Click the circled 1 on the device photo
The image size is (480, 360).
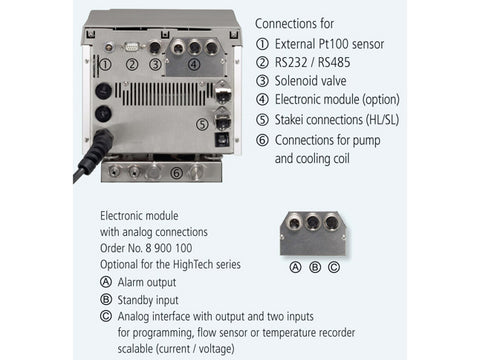point(105,64)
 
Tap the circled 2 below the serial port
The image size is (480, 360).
point(132,64)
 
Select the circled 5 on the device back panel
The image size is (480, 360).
point(202,124)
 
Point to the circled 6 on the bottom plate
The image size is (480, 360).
point(176,173)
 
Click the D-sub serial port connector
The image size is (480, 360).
point(132,46)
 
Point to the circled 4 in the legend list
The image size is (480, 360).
point(262,99)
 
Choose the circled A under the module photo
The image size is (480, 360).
point(295,267)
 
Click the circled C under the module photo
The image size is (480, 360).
point(334,267)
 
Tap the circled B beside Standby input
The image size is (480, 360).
point(106,299)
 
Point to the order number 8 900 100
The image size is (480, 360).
point(169,248)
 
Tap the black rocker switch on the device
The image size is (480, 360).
point(221,139)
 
